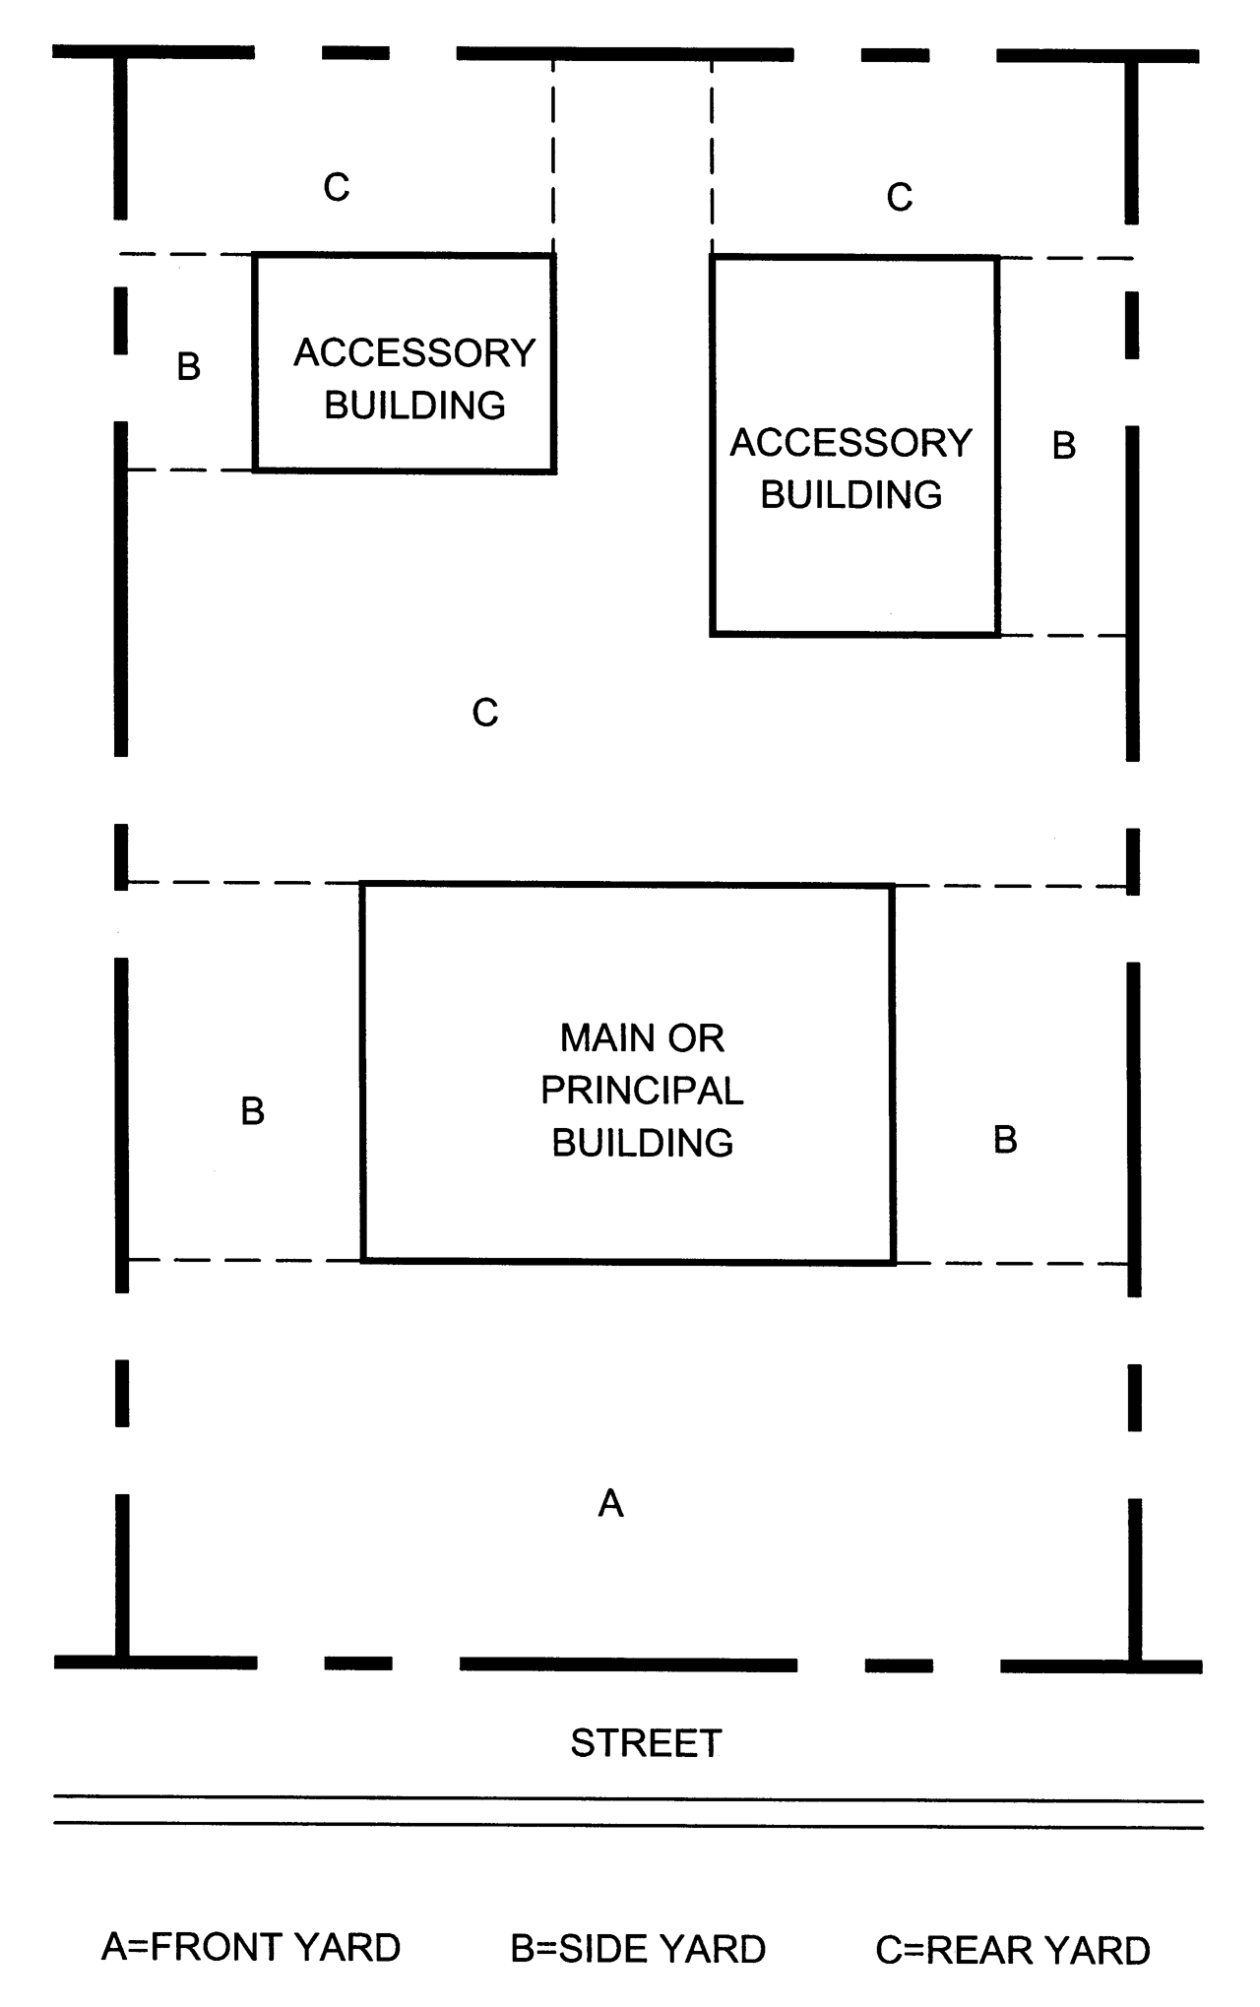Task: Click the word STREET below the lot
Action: pos(646,1743)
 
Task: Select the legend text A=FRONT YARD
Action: pos(251,1947)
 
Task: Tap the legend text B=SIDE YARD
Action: pos(638,1949)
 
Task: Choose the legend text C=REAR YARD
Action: pos(1013,1950)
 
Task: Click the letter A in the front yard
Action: pos(610,1503)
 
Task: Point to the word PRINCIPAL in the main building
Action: pos(642,1091)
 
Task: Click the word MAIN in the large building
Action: pos(600,1038)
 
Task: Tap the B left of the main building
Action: pos(253,1111)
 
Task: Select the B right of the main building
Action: pos(1005,1140)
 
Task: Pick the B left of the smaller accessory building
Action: pos(189,366)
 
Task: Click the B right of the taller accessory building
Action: pos(1064,446)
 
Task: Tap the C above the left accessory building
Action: pos(337,187)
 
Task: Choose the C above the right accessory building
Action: pos(900,198)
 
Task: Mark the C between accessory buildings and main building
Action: pos(485,713)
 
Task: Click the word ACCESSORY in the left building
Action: pos(414,353)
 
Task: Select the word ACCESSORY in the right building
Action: pos(851,443)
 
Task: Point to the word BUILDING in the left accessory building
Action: pos(414,406)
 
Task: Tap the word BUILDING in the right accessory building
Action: pos(851,495)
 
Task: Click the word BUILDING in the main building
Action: pos(642,1143)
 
